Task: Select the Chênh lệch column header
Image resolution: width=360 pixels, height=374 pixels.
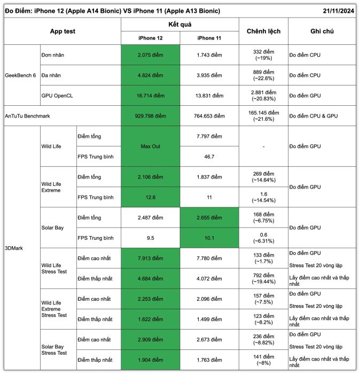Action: [x=263, y=32]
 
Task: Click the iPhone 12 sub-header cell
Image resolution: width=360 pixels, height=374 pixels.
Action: [x=150, y=38]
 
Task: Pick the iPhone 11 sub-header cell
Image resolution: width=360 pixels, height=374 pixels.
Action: [x=209, y=38]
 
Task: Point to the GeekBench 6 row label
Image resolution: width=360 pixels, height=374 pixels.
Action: [x=20, y=75]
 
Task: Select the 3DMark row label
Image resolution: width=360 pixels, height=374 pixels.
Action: [x=14, y=248]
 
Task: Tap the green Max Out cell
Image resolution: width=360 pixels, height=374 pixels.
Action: [x=150, y=146]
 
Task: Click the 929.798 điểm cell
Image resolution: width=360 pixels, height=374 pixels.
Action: [x=150, y=116]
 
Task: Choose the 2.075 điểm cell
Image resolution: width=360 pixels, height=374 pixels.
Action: [x=150, y=55]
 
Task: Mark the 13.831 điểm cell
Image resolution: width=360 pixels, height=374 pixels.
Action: [x=209, y=96]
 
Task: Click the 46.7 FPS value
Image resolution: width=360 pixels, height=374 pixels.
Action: [x=209, y=157]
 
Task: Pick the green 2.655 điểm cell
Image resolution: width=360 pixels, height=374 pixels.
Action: [x=209, y=217]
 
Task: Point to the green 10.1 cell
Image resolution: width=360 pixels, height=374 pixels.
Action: [x=209, y=238]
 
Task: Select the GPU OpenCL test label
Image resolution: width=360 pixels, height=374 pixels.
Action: [x=58, y=96]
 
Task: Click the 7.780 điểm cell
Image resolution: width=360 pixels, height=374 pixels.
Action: [x=209, y=258]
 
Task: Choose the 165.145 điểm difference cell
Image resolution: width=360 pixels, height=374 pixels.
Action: [x=263, y=116]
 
